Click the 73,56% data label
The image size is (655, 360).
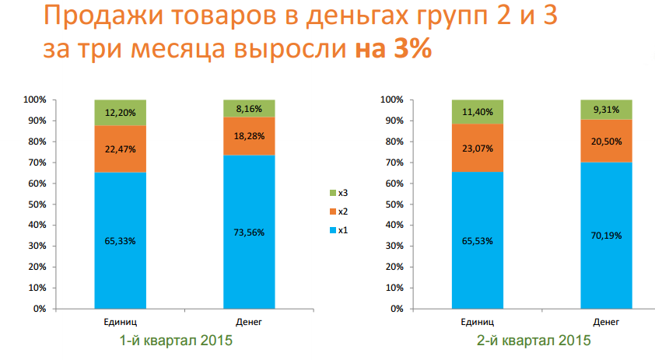click(249, 232)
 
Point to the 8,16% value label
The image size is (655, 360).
click(249, 108)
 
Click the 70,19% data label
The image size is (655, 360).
click(607, 236)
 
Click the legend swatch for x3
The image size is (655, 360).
click(334, 193)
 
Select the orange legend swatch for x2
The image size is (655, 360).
click(334, 211)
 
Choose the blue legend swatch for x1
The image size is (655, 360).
click(334, 230)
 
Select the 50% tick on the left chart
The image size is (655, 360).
click(37, 204)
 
